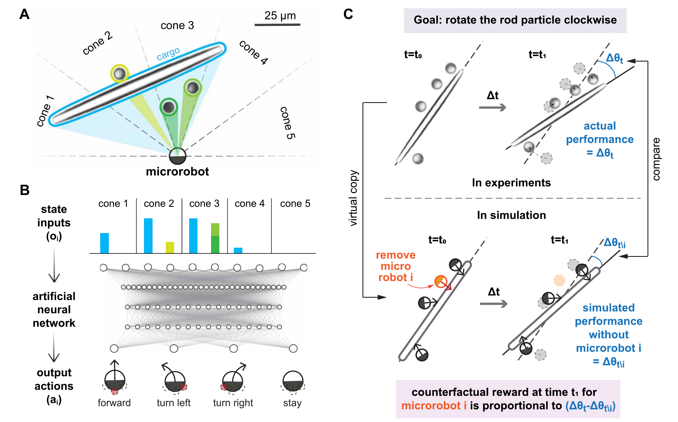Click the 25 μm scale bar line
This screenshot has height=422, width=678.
pos(277,25)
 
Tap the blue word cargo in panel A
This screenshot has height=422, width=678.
pos(168,54)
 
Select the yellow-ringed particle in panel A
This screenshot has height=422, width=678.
pos(119,73)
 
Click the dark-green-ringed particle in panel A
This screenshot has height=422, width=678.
pos(168,107)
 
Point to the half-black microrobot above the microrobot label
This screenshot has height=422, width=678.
pos(177,156)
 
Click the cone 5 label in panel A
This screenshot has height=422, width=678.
pos(288,123)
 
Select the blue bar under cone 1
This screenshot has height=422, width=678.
pos(105,243)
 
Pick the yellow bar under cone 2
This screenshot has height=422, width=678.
pos(170,247)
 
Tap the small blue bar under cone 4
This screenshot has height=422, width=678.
pos(238,250)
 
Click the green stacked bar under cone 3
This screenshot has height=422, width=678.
pos(215,238)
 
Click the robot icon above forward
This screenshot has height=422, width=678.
pos(115,378)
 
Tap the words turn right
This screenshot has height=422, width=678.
pos(233,403)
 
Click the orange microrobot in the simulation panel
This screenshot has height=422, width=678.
pos(441,281)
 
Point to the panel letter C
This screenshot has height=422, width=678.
pos(348,14)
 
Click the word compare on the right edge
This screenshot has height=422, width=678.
pos(656,159)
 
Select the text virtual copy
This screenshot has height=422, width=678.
pos(353,198)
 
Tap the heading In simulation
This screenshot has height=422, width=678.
pos(511,215)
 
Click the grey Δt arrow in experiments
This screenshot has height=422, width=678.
pos(492,108)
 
